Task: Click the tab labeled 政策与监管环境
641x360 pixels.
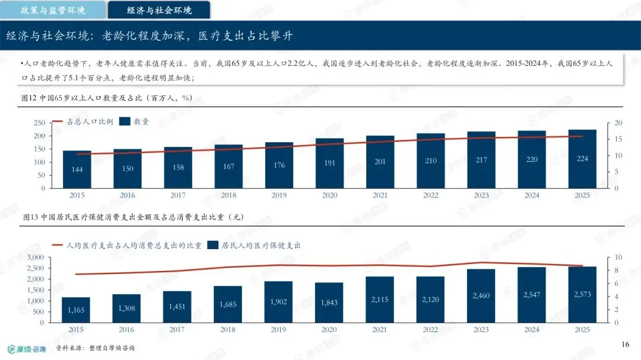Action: coord(53,10)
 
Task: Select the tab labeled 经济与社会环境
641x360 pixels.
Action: coord(159,10)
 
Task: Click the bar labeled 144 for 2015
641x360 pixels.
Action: coord(77,170)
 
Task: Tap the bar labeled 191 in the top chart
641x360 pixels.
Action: coord(329,164)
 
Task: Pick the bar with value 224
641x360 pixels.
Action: coord(582,159)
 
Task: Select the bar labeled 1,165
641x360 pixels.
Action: coord(75,310)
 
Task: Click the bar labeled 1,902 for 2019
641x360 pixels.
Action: coord(278,302)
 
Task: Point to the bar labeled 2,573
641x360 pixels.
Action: coord(582,295)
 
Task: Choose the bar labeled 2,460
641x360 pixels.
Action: coord(481,296)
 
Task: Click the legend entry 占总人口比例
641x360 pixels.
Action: coord(82,122)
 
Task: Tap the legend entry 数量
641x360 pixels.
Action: coord(134,122)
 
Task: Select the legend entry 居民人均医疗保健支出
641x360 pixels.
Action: coord(254,245)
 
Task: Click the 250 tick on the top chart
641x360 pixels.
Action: coord(39,123)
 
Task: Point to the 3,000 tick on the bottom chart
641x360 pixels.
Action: coord(35,257)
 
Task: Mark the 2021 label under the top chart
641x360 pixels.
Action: coord(380,195)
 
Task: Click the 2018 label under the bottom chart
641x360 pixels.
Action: coord(228,330)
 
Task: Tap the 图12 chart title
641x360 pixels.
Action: coord(107,98)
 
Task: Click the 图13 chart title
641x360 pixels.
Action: coord(134,217)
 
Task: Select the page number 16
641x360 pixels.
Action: coord(625,345)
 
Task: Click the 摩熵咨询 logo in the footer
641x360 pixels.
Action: coord(27,349)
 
